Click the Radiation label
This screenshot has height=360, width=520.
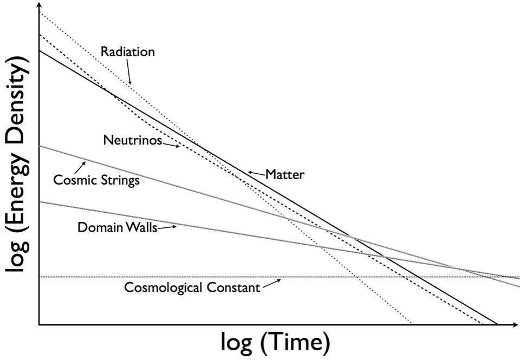127,52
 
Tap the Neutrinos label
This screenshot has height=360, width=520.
132,140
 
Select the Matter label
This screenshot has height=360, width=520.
285,175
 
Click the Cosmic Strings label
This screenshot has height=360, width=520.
96,180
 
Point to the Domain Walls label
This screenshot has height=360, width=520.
117,227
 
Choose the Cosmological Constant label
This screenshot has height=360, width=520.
192,287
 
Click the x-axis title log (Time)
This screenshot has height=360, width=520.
275,342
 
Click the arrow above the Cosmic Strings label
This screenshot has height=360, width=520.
83,165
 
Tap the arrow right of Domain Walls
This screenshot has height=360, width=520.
167,227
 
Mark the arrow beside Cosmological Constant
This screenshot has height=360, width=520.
271,284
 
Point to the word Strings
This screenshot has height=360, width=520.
119,180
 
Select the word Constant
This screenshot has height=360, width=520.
236,287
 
